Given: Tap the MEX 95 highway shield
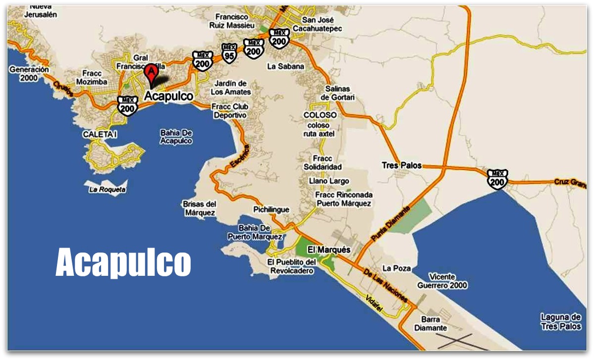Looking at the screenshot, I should click(x=229, y=52).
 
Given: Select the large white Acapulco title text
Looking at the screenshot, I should click(x=123, y=262).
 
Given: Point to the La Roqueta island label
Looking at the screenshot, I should click(x=108, y=189).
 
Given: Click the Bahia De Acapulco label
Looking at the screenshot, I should click(x=176, y=137).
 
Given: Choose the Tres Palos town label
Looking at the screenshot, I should click(x=401, y=165).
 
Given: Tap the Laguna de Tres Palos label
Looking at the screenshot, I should click(x=560, y=322).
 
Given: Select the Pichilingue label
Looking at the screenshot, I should click(x=271, y=209).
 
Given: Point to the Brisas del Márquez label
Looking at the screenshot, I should click(x=199, y=208).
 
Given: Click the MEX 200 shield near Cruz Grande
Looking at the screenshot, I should click(x=497, y=179).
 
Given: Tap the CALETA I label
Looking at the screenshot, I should click(x=100, y=134).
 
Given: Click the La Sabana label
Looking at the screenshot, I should click(x=286, y=66).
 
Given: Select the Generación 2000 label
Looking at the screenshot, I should click(x=29, y=74).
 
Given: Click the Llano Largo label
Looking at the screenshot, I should click(x=329, y=181).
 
